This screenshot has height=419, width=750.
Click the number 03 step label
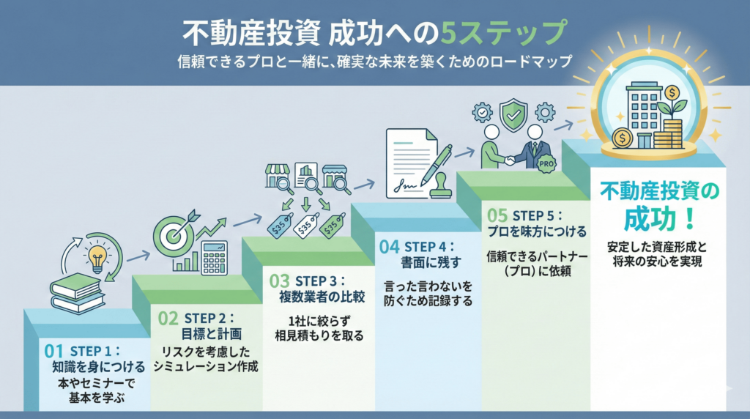pyautogui.click(x=279, y=281)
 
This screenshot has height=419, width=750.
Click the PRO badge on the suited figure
pyautogui.click(x=546, y=165)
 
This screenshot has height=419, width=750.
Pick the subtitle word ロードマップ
pyautogui.click(x=532, y=62)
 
